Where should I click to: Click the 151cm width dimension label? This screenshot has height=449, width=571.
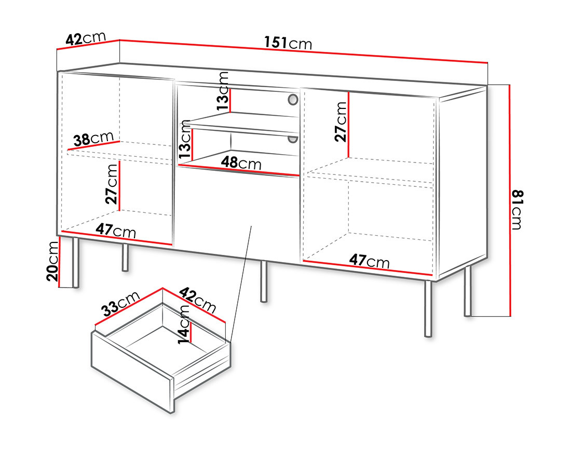[x=288, y=44]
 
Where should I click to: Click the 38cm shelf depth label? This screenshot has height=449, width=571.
[x=93, y=139]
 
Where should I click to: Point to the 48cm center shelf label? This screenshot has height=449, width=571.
[x=242, y=162]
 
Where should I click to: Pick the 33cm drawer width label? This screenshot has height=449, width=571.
[x=120, y=304]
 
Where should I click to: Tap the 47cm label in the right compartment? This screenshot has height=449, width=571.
[x=370, y=261]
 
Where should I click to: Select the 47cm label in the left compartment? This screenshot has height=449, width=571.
[x=116, y=230]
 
